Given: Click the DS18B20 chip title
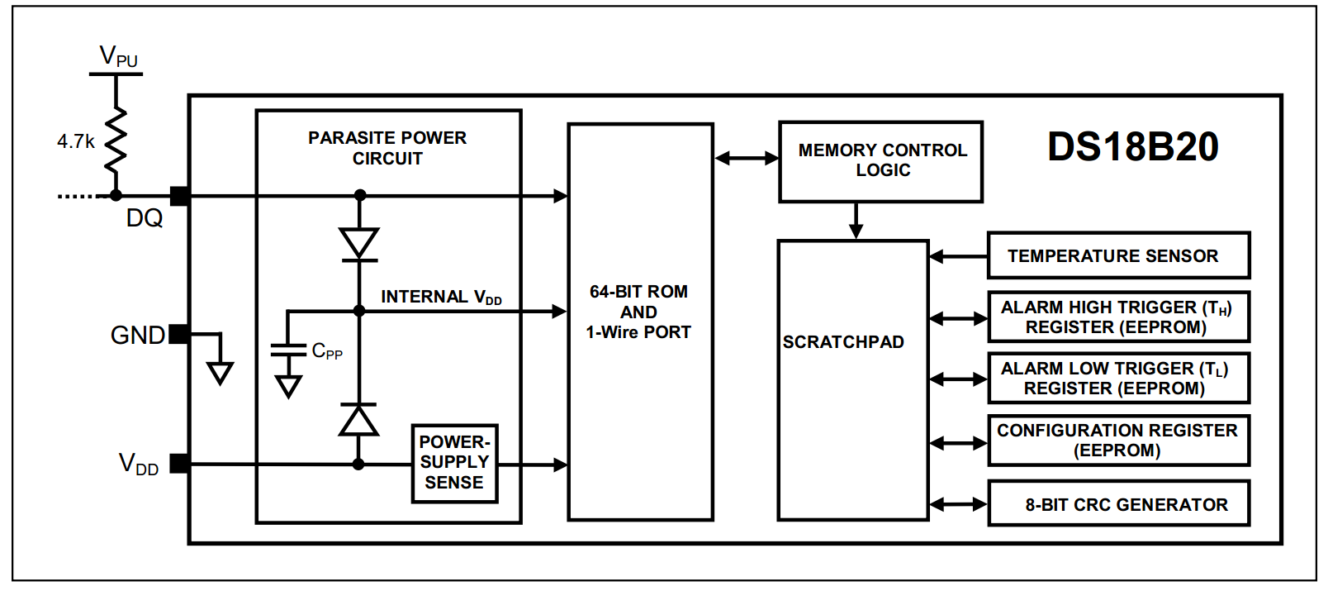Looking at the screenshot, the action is click(x=1133, y=146).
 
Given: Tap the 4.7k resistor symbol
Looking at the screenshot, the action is click(x=116, y=141).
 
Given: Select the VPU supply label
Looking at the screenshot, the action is click(x=119, y=56).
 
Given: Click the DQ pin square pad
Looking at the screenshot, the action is click(x=180, y=196).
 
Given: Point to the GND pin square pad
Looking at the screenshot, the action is click(x=179, y=334).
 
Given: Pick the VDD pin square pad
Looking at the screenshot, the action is click(x=180, y=464).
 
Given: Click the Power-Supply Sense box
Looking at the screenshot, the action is click(x=455, y=464).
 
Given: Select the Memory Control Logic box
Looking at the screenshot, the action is click(x=881, y=162).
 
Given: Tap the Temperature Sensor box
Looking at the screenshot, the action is click(x=1119, y=255).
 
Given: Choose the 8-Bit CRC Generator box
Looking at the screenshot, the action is click(x=1119, y=503).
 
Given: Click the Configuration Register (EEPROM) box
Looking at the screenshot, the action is click(x=1119, y=441).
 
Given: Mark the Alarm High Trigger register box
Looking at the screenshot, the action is click(x=1119, y=317).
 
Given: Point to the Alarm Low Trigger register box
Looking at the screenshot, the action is click(x=1119, y=378).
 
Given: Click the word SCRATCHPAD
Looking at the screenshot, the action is click(x=843, y=341).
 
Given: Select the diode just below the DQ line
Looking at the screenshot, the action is click(x=359, y=244).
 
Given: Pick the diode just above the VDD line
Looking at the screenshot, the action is click(x=358, y=420).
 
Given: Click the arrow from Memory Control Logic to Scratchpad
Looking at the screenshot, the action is click(x=856, y=221).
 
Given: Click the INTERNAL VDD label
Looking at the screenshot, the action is click(x=441, y=297).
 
